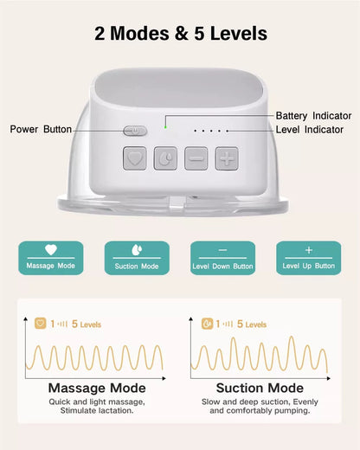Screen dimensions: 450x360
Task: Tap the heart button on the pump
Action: click(134, 158)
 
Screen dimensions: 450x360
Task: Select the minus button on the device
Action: click(196, 158)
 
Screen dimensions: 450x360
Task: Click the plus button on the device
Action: click(226, 158)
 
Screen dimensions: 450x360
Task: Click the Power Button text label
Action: click(42, 129)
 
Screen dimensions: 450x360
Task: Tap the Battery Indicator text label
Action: click(313, 115)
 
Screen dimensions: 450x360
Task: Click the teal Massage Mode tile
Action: click(51, 258)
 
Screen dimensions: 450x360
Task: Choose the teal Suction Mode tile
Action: click(137, 258)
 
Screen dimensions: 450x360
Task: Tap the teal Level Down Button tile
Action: click(222, 258)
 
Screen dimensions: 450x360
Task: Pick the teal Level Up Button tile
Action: click(308, 258)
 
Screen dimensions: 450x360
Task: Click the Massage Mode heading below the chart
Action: click(95, 388)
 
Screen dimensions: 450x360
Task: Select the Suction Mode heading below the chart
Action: click(260, 388)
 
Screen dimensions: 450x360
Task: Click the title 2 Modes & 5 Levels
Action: click(180, 34)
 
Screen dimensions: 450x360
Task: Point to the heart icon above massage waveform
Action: click(39, 325)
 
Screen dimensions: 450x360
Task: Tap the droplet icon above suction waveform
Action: click(207, 325)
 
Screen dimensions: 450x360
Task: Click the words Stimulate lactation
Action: click(95, 410)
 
